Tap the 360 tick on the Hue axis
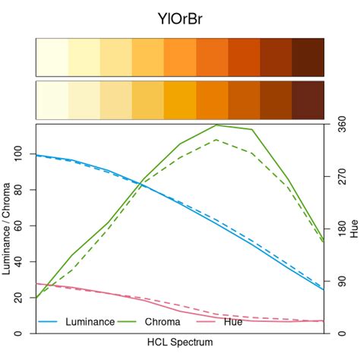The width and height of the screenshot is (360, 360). tap(339, 124)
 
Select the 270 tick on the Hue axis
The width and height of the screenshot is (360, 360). tap(339, 176)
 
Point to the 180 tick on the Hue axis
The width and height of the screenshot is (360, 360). tap(339, 229)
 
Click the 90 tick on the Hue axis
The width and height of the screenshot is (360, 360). tap(339, 281)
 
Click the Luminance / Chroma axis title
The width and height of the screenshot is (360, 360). tap(8, 229)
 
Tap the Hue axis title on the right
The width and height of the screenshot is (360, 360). tap(354, 229)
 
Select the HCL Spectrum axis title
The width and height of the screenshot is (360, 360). tap(180, 343)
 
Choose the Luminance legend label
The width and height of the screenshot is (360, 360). tap(90, 322)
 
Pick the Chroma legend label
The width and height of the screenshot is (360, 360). tap(162, 322)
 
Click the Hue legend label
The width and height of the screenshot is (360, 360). tap(233, 322)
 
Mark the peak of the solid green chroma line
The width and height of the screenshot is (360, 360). tap(216, 125)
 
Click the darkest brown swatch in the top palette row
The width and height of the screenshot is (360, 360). tap(308, 57)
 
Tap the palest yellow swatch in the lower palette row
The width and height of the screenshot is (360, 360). tap(52, 99)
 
